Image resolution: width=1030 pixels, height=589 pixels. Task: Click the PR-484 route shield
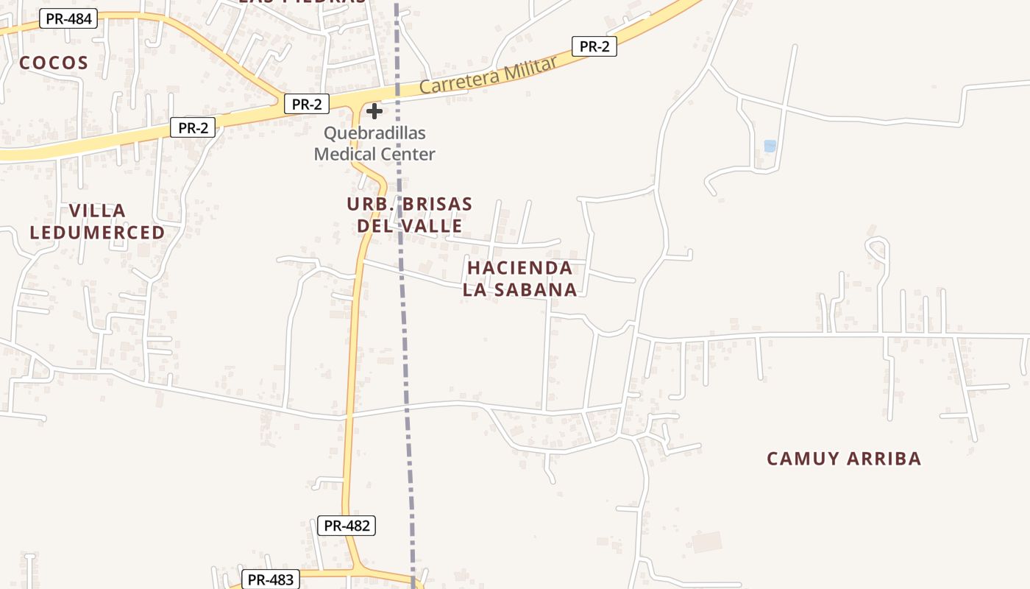(68, 18)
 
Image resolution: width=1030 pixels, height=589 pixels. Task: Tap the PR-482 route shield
(347, 526)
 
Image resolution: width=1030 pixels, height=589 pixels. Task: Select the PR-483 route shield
(270, 579)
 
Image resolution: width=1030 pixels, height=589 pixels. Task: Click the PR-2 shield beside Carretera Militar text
(594, 46)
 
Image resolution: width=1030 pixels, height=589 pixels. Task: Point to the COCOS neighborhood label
(54, 63)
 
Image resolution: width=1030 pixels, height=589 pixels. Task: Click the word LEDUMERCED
(97, 233)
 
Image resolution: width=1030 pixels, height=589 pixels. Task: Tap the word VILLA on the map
(97, 211)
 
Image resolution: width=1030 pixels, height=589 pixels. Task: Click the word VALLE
(434, 226)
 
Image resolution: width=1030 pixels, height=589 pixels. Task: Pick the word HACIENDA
(519, 268)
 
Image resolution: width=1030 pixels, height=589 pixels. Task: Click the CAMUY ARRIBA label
(843, 459)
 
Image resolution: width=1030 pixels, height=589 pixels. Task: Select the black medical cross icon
(374, 111)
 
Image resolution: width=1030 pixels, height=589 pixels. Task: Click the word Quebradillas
(374, 133)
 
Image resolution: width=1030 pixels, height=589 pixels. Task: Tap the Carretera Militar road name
(489, 77)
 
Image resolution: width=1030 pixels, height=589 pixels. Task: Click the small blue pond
(770, 146)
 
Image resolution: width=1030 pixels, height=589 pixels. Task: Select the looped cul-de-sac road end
(876, 246)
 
